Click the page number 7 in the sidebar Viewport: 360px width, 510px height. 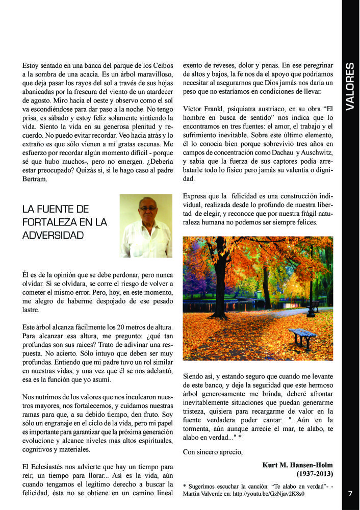coord(350,494)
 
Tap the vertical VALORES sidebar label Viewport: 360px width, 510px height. coord(350,87)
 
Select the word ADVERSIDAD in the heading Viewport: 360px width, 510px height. coord(53,236)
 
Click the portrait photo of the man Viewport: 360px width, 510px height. coord(146,226)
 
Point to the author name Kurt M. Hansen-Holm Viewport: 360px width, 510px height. coord(297,465)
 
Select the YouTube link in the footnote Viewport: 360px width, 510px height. coord(280,495)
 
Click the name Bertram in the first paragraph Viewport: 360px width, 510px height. coord(36,180)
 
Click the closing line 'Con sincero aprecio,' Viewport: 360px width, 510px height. coord(213,451)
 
